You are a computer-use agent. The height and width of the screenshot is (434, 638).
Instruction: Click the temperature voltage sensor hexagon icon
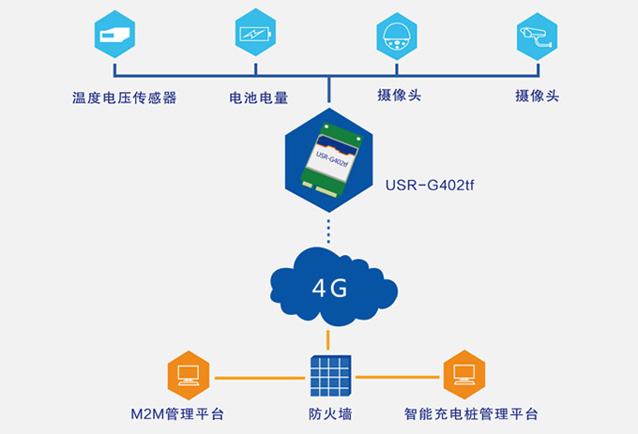(114, 37)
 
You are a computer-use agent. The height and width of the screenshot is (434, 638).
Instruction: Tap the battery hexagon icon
(255, 37)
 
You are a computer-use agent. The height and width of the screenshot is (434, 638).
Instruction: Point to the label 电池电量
(259, 97)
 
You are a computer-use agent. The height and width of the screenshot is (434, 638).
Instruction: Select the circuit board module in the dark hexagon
(329, 157)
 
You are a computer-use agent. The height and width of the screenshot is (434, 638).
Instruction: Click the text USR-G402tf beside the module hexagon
(431, 186)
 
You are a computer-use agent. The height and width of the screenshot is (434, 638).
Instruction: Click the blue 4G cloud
(329, 285)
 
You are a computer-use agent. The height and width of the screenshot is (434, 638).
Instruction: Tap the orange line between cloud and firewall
(328, 339)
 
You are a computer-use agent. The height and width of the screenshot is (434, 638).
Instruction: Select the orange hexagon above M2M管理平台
(188, 375)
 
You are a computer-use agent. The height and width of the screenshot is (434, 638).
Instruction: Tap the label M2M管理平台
(177, 413)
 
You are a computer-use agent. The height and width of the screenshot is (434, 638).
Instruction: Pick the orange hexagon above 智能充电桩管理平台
(465, 375)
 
